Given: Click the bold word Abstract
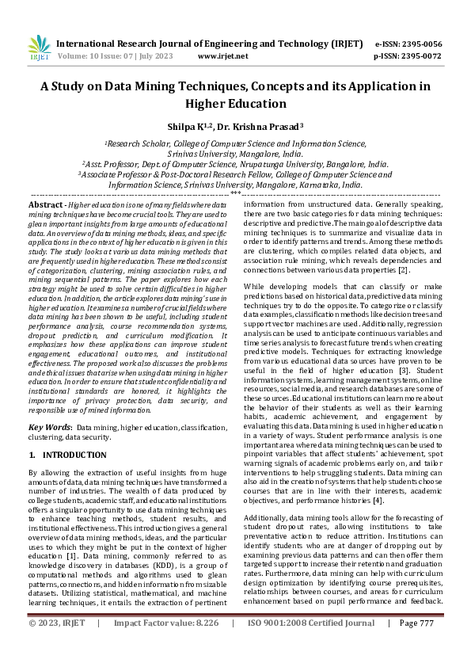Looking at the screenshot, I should pos(47,204).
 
